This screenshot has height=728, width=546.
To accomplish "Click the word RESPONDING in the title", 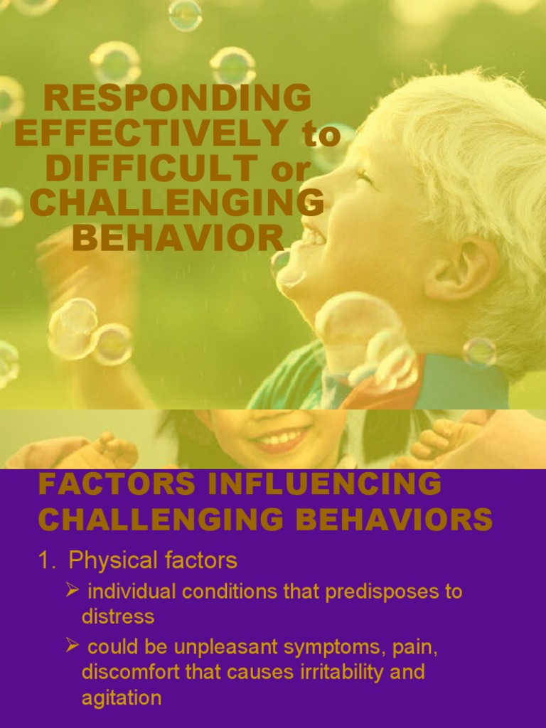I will pos(177,98).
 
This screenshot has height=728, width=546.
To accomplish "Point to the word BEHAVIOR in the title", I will pos(178,239).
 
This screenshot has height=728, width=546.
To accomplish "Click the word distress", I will pos(117,616).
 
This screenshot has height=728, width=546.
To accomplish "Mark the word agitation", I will pos(121,698).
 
